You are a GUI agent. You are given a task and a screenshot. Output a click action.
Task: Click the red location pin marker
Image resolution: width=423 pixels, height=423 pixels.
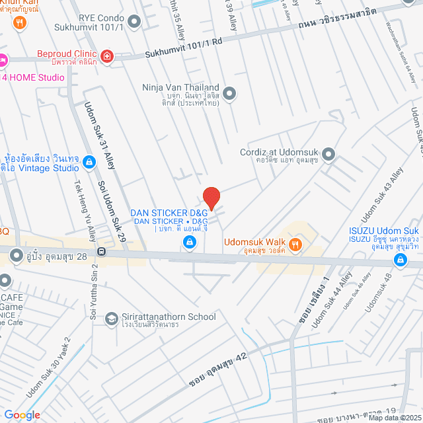pyautogui.click(x=211, y=198)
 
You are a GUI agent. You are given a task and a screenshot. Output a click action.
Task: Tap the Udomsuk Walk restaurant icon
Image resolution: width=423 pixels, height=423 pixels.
pyautogui.click(x=295, y=245)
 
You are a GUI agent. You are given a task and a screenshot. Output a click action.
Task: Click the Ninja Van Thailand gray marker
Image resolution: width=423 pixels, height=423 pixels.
pyautogui.click(x=229, y=94)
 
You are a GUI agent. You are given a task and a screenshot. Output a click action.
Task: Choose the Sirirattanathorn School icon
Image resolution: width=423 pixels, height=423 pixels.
pyautogui.click(x=112, y=319)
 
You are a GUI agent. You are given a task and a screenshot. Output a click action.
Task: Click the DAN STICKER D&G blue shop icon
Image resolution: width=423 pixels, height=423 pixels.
pyautogui.click(x=190, y=243)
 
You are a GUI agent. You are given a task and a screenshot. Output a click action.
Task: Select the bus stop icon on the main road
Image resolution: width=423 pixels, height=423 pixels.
pyautogui.click(x=102, y=251)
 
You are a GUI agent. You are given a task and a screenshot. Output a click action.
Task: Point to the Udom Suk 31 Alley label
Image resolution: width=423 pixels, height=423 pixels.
pyautogui.click(x=99, y=135)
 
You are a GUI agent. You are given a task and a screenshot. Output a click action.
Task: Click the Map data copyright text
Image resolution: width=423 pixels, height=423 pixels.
pyautogui.click(x=394, y=417)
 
